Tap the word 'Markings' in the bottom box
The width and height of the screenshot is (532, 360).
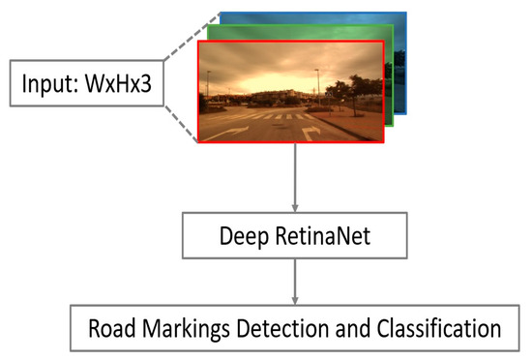(184, 329)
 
